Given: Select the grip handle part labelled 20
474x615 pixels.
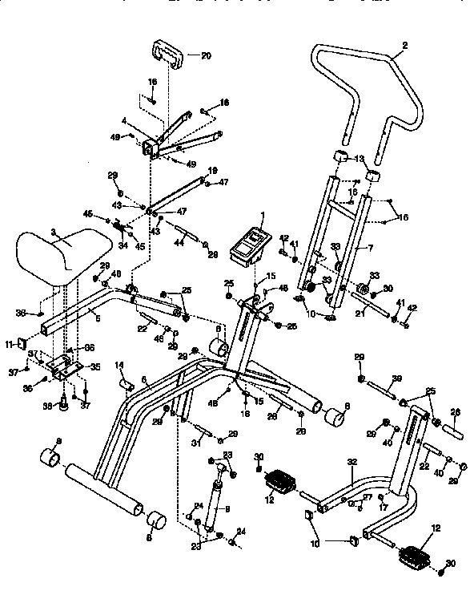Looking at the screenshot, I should point(169,58).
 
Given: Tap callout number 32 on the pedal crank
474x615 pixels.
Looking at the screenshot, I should point(351,463).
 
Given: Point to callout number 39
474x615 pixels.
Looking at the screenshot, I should point(397,378).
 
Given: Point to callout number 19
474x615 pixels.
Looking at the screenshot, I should point(213,171).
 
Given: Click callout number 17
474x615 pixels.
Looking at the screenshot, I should point(384,508).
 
